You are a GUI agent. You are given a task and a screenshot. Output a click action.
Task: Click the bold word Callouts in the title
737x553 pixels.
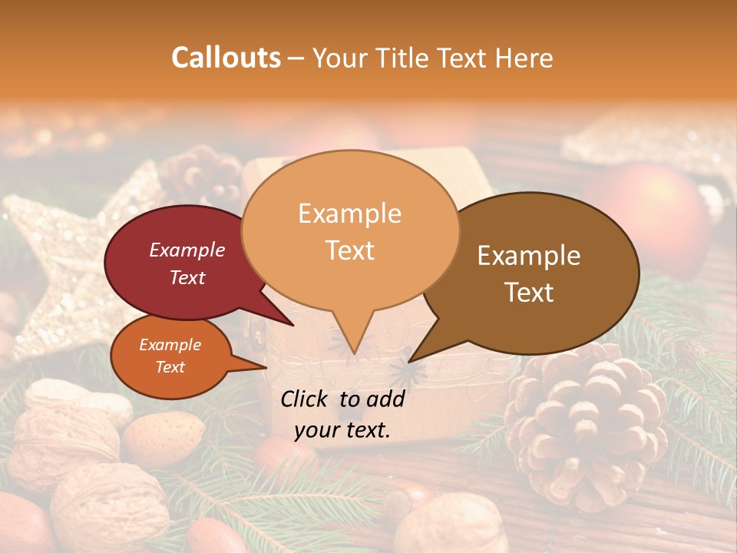click(x=226, y=58)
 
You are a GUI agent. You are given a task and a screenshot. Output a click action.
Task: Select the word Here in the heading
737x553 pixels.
click(x=525, y=58)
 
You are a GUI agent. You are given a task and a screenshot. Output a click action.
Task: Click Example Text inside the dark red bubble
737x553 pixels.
click(x=187, y=263)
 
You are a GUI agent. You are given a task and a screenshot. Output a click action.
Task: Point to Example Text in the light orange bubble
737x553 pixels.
click(x=350, y=231)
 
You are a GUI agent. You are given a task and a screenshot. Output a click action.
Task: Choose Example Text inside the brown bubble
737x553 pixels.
click(x=529, y=273)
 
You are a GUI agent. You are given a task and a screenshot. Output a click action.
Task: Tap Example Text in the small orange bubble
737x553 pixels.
click(x=170, y=356)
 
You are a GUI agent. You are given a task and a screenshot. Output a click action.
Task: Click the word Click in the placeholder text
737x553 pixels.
click(x=306, y=399)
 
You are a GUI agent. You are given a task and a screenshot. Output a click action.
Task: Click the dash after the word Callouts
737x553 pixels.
click(x=297, y=58)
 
